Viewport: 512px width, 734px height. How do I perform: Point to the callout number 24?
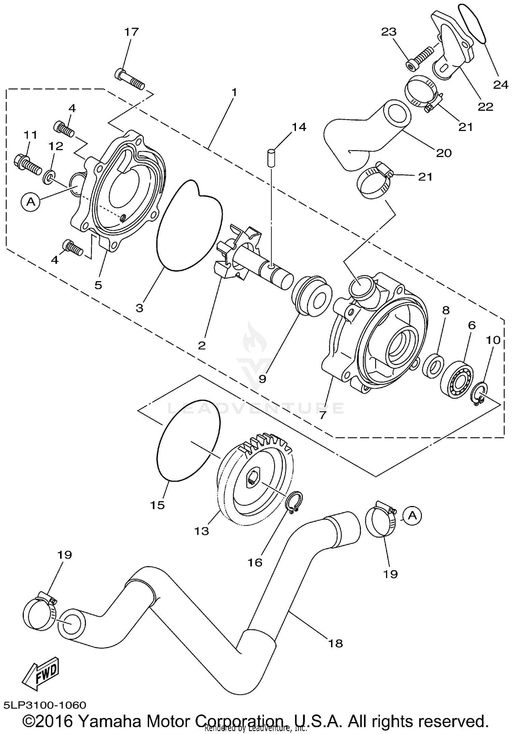[x=501, y=84]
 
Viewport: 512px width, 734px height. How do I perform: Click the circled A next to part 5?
[x=31, y=202]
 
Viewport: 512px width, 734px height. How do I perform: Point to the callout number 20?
[x=444, y=153]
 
